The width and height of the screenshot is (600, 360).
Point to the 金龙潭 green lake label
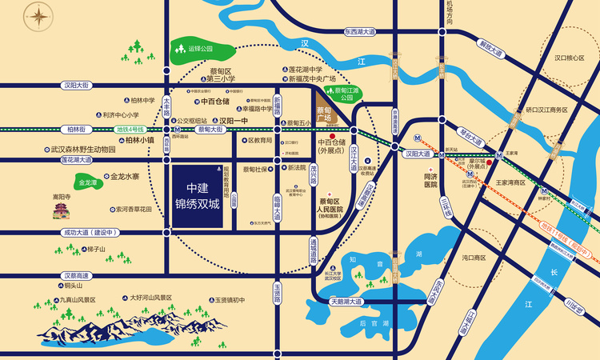(x=87, y=182)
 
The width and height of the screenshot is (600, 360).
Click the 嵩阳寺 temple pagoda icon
(x=61, y=210)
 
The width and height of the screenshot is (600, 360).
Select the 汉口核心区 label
(x=554, y=58)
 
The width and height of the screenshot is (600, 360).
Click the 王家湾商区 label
(x=510, y=182)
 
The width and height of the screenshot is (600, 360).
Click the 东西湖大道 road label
(x=358, y=33)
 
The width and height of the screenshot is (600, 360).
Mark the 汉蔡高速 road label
(x=80, y=275)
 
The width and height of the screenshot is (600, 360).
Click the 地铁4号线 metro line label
(x=130, y=129)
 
